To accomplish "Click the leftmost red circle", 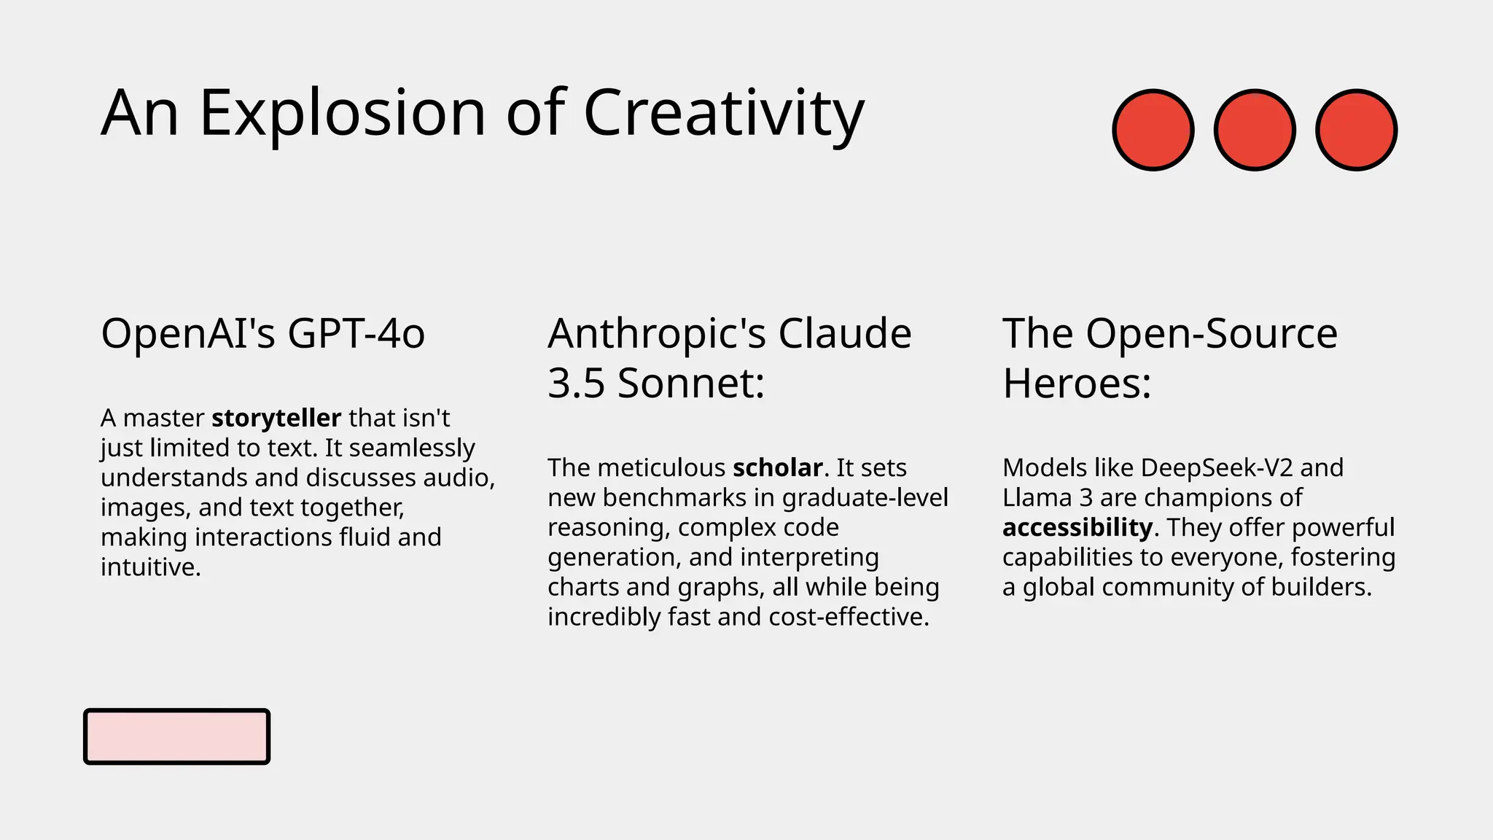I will (1153, 130).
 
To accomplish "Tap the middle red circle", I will (1255, 130).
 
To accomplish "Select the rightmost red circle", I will (1356, 130).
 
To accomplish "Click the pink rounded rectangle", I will (176, 736).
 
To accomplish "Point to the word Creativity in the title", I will (723, 114).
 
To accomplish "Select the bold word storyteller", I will (276, 419).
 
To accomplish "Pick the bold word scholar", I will (777, 468).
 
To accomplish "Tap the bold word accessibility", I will (1077, 527).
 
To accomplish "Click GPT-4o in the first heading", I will (356, 334).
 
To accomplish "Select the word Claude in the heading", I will (844, 334).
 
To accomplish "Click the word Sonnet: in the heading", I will (690, 384).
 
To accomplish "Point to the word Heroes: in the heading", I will (1077, 384).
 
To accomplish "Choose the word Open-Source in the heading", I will (1211, 334).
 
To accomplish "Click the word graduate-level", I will (865, 498).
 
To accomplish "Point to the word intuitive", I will (150, 567).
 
